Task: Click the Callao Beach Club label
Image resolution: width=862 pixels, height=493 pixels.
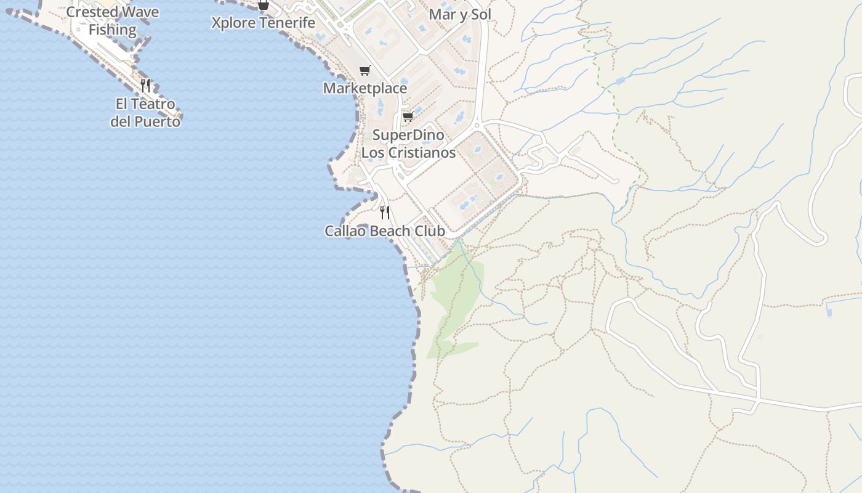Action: (384, 231)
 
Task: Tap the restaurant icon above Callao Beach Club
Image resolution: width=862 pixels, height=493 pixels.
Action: (384, 213)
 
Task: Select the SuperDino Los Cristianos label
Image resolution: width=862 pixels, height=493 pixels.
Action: (408, 144)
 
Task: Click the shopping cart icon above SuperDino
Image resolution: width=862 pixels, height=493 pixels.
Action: (408, 116)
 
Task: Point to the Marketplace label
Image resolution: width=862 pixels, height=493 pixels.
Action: (365, 88)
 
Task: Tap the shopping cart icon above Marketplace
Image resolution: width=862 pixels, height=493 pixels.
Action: (365, 70)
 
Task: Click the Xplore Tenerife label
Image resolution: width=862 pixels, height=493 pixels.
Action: (263, 23)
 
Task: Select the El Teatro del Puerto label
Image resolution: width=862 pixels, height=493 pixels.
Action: (145, 113)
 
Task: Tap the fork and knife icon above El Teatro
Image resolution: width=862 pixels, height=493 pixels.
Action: (145, 85)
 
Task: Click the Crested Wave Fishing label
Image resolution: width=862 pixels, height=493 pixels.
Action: (112, 20)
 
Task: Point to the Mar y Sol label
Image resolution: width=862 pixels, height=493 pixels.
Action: (460, 14)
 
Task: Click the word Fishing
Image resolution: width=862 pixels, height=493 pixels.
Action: (112, 29)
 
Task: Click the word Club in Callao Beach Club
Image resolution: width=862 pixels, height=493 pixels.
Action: (430, 231)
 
